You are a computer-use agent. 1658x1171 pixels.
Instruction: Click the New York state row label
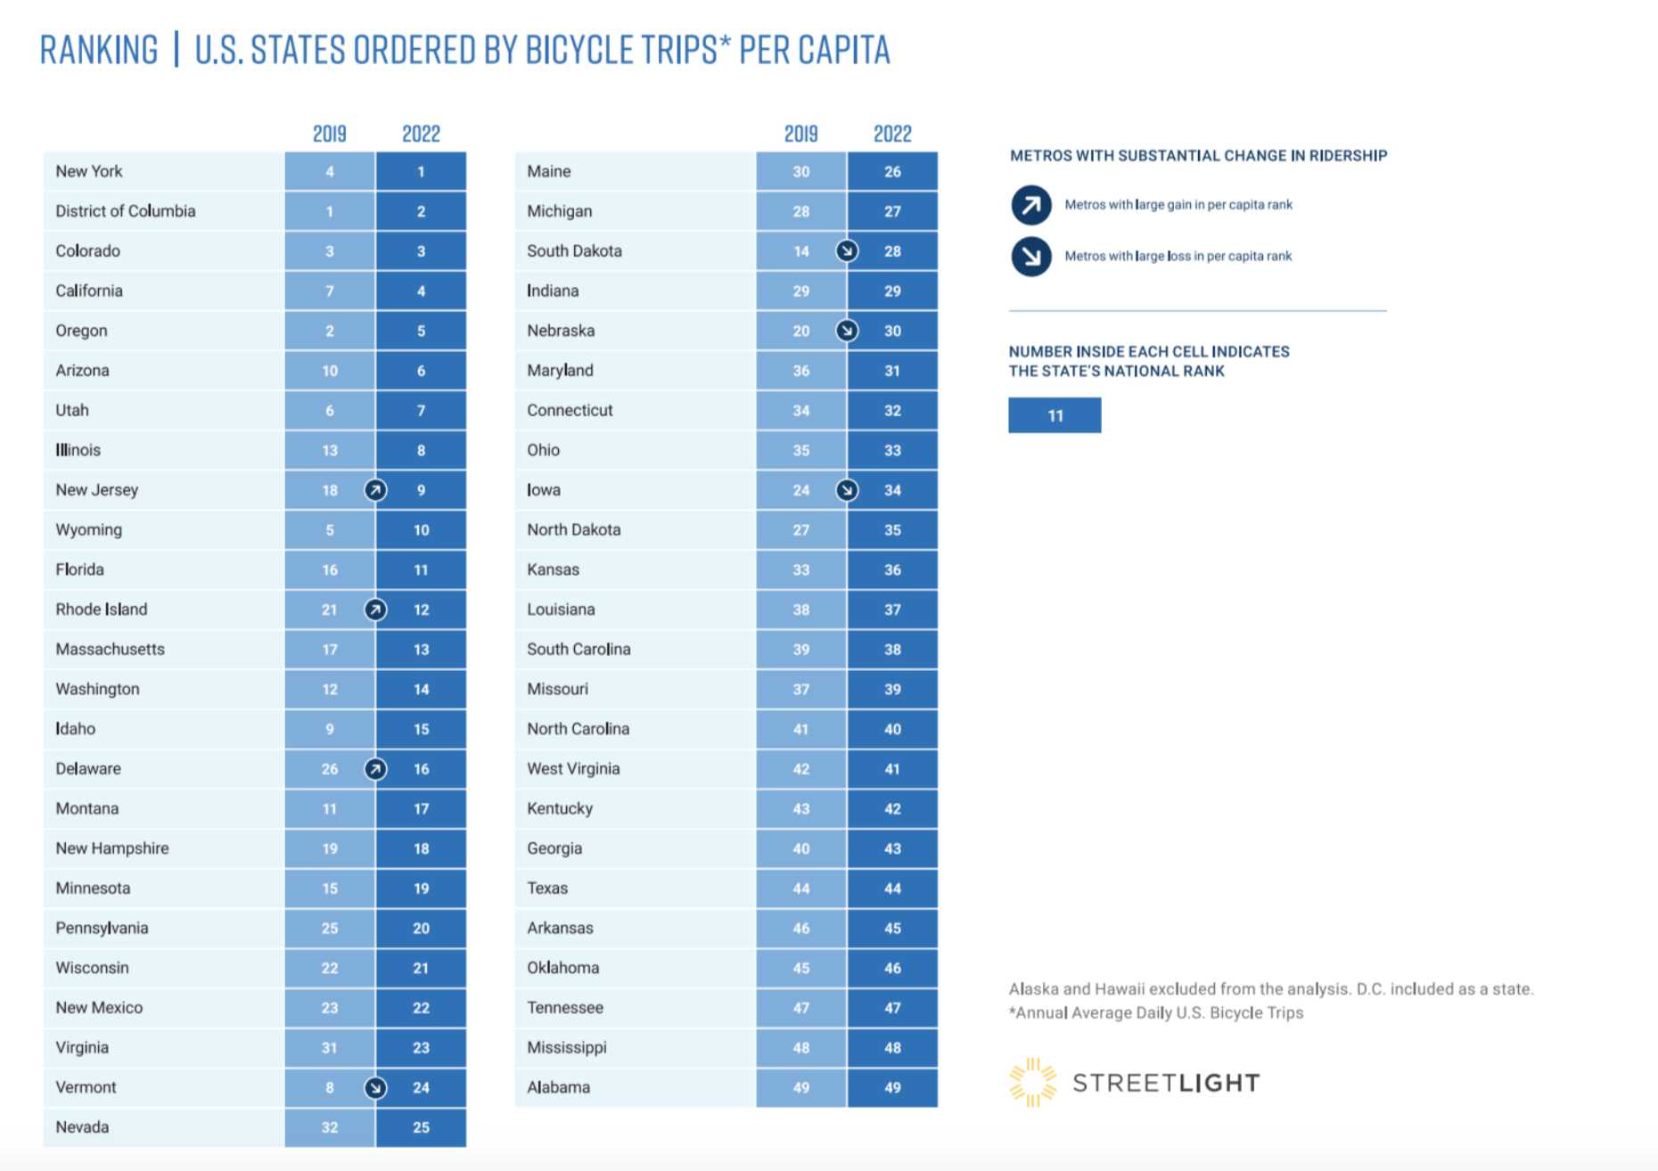tap(89, 171)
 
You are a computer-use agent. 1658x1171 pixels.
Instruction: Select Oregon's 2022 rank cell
tap(421, 331)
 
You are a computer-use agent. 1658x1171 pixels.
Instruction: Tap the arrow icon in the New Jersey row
tap(375, 490)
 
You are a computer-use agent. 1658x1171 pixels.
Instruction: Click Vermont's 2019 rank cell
tap(330, 1087)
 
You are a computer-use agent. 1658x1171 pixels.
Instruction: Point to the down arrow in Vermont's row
tap(375, 1088)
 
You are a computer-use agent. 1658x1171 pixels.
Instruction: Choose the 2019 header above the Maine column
tap(800, 134)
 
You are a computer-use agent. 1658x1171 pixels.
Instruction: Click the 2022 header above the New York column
tap(421, 134)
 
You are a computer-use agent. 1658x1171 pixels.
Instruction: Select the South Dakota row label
tap(574, 251)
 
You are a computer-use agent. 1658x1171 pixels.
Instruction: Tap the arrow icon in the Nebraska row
tap(847, 331)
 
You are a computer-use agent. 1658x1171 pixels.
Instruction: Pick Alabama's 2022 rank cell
tap(892, 1087)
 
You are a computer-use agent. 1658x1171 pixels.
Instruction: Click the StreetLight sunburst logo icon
tap(1032, 1082)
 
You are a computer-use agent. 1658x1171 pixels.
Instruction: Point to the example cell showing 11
tap(1055, 415)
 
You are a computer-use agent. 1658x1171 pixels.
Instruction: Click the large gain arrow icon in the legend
tap(1031, 205)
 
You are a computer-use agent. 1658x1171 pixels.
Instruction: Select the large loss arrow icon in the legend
tap(1031, 257)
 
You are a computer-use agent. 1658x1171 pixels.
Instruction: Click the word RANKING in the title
tap(99, 50)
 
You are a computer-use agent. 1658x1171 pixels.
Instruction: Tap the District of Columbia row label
tap(125, 211)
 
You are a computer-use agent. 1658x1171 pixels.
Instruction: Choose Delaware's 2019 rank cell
tap(330, 769)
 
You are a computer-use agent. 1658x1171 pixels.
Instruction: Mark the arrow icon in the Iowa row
tap(847, 490)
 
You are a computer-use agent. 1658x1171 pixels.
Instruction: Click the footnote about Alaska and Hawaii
tap(1270, 989)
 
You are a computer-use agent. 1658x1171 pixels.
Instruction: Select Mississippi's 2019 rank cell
tap(800, 1048)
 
